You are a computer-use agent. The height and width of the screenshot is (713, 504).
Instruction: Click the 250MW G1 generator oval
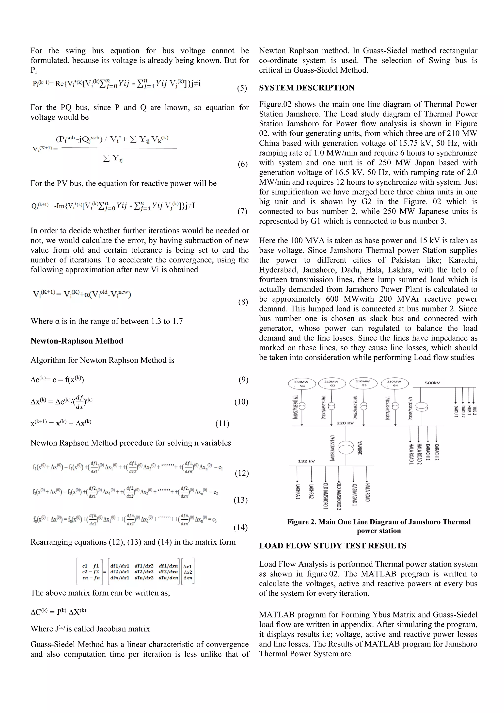pos(302,384)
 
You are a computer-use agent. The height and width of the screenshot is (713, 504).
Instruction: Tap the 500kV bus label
pos(432,383)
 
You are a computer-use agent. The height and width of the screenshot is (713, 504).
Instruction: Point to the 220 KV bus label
pos(345,423)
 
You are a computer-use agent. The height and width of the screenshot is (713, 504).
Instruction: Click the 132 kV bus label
pos(306,461)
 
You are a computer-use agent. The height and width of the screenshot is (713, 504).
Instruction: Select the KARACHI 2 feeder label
pos(437,452)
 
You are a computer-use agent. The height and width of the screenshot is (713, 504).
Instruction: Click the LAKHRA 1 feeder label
pos(298,492)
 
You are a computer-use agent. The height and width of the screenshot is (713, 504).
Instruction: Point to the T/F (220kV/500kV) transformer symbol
pos(421,406)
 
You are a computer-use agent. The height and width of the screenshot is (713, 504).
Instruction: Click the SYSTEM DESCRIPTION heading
pos(307,88)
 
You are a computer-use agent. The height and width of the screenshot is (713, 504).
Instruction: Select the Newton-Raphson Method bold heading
pos(77,341)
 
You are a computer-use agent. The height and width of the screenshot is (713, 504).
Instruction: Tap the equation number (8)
pos(243,302)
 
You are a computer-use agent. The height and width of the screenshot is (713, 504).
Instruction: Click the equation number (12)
pos(242,473)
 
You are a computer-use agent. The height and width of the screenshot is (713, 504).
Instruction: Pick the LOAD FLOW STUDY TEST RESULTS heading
pos(333,546)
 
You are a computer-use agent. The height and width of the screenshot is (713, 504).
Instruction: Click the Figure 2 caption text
pos(379,526)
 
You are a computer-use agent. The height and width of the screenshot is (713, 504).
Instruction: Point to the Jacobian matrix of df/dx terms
pos(144,572)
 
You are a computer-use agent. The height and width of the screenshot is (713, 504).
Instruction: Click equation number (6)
pos(243,164)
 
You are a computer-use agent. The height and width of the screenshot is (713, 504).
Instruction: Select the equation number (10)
pos(241,402)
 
